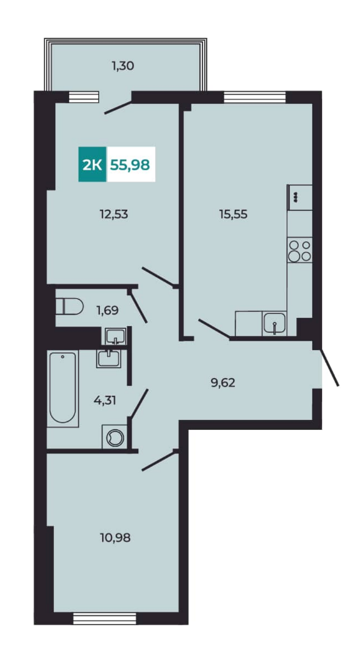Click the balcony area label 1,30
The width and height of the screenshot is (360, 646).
pyautogui.click(x=122, y=65)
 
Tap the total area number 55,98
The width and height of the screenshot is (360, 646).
pyautogui.click(x=130, y=165)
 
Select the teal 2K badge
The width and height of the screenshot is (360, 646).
pyautogui.click(x=93, y=165)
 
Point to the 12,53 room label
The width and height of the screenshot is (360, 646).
pyautogui.click(x=113, y=214)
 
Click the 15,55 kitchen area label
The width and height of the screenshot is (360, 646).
pyautogui.click(x=233, y=214)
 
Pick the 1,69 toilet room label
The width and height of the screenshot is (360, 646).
pyautogui.click(x=108, y=310)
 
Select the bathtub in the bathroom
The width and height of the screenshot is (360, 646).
pyautogui.click(x=63, y=389)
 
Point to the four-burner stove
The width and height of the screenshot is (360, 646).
pyautogui.click(x=300, y=250)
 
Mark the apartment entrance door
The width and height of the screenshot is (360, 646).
pyautogui.click(x=329, y=367)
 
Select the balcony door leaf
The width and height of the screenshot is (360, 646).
pyautogui.click(x=118, y=107)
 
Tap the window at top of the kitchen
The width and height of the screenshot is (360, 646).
pyautogui.click(x=255, y=97)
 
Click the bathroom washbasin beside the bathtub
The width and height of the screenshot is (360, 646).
pyautogui.click(x=109, y=358)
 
